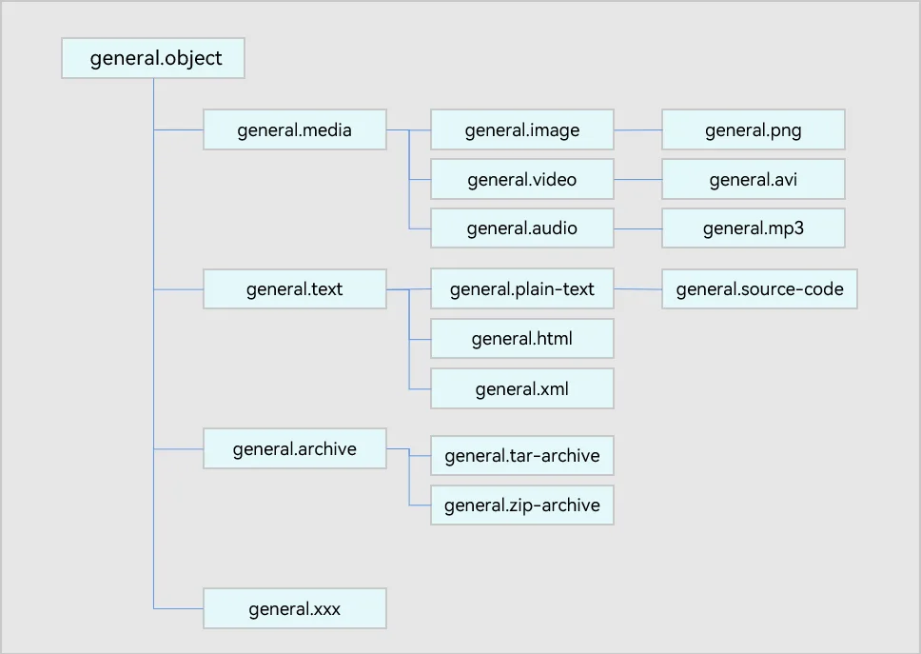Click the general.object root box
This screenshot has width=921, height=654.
[153, 58]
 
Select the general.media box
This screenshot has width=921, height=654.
[295, 129]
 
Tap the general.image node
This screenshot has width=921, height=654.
[522, 129]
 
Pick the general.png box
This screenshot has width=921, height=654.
[754, 129]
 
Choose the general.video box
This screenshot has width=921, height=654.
[522, 179]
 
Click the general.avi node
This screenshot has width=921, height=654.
[754, 179]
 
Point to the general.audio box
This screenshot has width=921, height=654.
[522, 228]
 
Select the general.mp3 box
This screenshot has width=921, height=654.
[754, 228]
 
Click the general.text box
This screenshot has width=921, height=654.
[295, 289]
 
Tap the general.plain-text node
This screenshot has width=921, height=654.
[522, 289]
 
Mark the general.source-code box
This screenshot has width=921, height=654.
[759, 289]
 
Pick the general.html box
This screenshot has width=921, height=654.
[522, 339]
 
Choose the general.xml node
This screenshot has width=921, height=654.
[522, 388]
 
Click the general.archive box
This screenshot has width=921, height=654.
[295, 448]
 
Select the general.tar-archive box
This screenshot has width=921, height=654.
[522, 455]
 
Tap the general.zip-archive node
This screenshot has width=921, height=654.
[522, 505]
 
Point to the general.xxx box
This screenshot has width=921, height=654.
[295, 608]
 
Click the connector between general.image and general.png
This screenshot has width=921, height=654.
[637, 129]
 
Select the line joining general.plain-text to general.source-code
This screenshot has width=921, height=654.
[637, 289]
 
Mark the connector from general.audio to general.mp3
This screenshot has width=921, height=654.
[637, 228]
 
